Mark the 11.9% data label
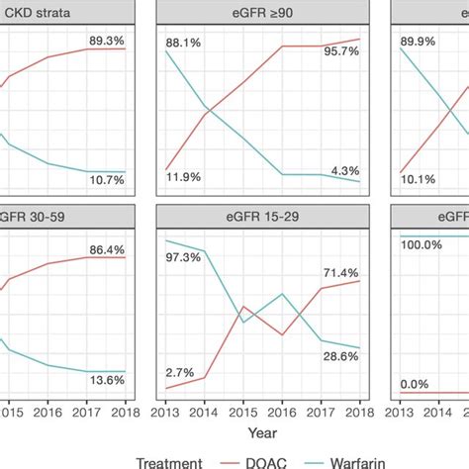183,176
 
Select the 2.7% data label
180,372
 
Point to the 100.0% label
422,243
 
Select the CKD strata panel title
44,12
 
